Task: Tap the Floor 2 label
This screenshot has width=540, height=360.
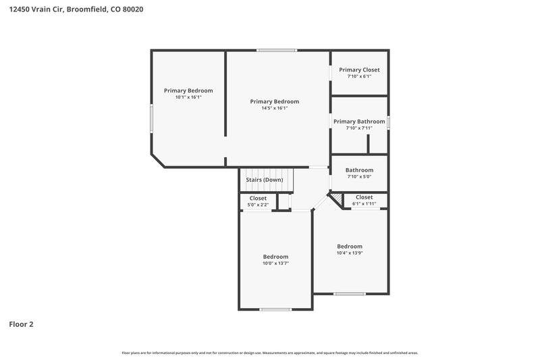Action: (21, 324)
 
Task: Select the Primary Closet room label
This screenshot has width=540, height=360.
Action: (359, 70)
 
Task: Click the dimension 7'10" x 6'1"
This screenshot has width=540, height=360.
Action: (359, 76)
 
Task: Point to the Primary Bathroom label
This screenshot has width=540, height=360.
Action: (359, 122)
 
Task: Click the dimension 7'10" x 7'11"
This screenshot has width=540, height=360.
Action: (359, 128)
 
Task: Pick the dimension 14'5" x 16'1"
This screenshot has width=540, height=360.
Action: (274, 108)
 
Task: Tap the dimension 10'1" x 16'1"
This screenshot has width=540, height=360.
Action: (188, 97)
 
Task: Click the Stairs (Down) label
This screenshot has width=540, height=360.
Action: (264, 180)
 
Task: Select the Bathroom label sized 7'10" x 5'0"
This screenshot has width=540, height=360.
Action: (359, 170)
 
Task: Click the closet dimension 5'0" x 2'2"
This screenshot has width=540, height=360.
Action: (258, 205)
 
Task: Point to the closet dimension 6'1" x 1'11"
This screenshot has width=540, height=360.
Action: (364, 203)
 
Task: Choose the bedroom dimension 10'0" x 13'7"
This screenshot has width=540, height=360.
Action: (275, 263)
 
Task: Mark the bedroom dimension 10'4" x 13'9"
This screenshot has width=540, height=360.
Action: (350, 253)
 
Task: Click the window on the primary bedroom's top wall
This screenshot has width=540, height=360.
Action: (276, 50)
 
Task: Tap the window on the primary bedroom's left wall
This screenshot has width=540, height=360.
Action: (151, 119)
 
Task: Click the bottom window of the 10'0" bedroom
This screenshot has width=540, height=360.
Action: (275, 309)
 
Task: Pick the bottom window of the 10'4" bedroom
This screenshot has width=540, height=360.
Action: (350, 293)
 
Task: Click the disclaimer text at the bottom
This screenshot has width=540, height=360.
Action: (269, 353)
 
